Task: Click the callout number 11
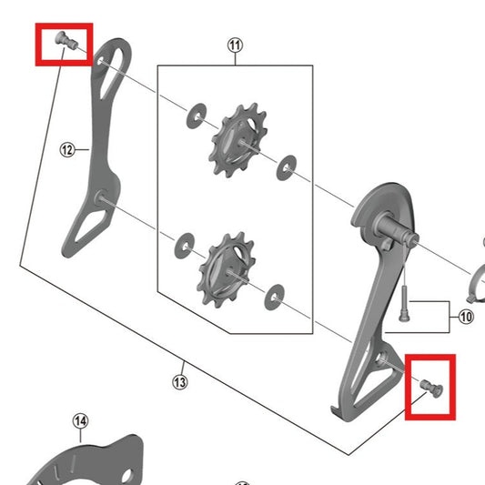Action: (236, 45)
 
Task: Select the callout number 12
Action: (66, 150)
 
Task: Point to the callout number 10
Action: (466, 318)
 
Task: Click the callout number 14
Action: (81, 420)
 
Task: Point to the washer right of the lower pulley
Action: (273, 294)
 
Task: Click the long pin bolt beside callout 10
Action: (402, 301)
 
